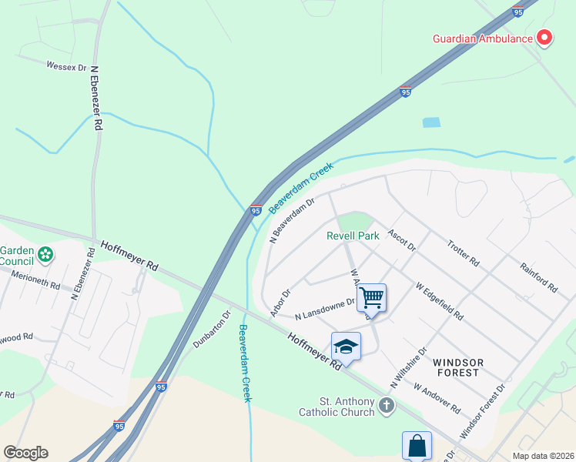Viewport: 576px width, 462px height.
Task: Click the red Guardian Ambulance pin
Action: (x=544, y=37)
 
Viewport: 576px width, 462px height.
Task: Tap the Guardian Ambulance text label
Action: (x=483, y=38)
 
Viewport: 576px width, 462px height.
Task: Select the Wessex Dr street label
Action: (x=66, y=67)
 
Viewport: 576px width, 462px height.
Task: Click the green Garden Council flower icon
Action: (x=45, y=253)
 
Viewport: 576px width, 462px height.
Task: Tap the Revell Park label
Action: (x=353, y=236)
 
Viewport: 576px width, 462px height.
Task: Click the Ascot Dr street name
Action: (x=402, y=240)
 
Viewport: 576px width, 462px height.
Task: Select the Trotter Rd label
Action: (x=464, y=253)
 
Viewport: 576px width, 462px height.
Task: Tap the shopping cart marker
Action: (x=372, y=296)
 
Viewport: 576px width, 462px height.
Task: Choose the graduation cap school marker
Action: (x=347, y=346)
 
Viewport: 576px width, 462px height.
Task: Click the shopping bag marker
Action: (x=417, y=445)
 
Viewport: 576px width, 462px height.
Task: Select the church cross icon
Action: (x=387, y=404)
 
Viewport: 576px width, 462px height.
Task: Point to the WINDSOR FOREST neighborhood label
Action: (x=457, y=367)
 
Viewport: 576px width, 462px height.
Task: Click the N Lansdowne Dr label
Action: (x=325, y=309)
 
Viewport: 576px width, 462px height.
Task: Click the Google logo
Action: (x=25, y=453)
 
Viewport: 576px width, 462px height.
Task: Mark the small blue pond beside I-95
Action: (x=431, y=122)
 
